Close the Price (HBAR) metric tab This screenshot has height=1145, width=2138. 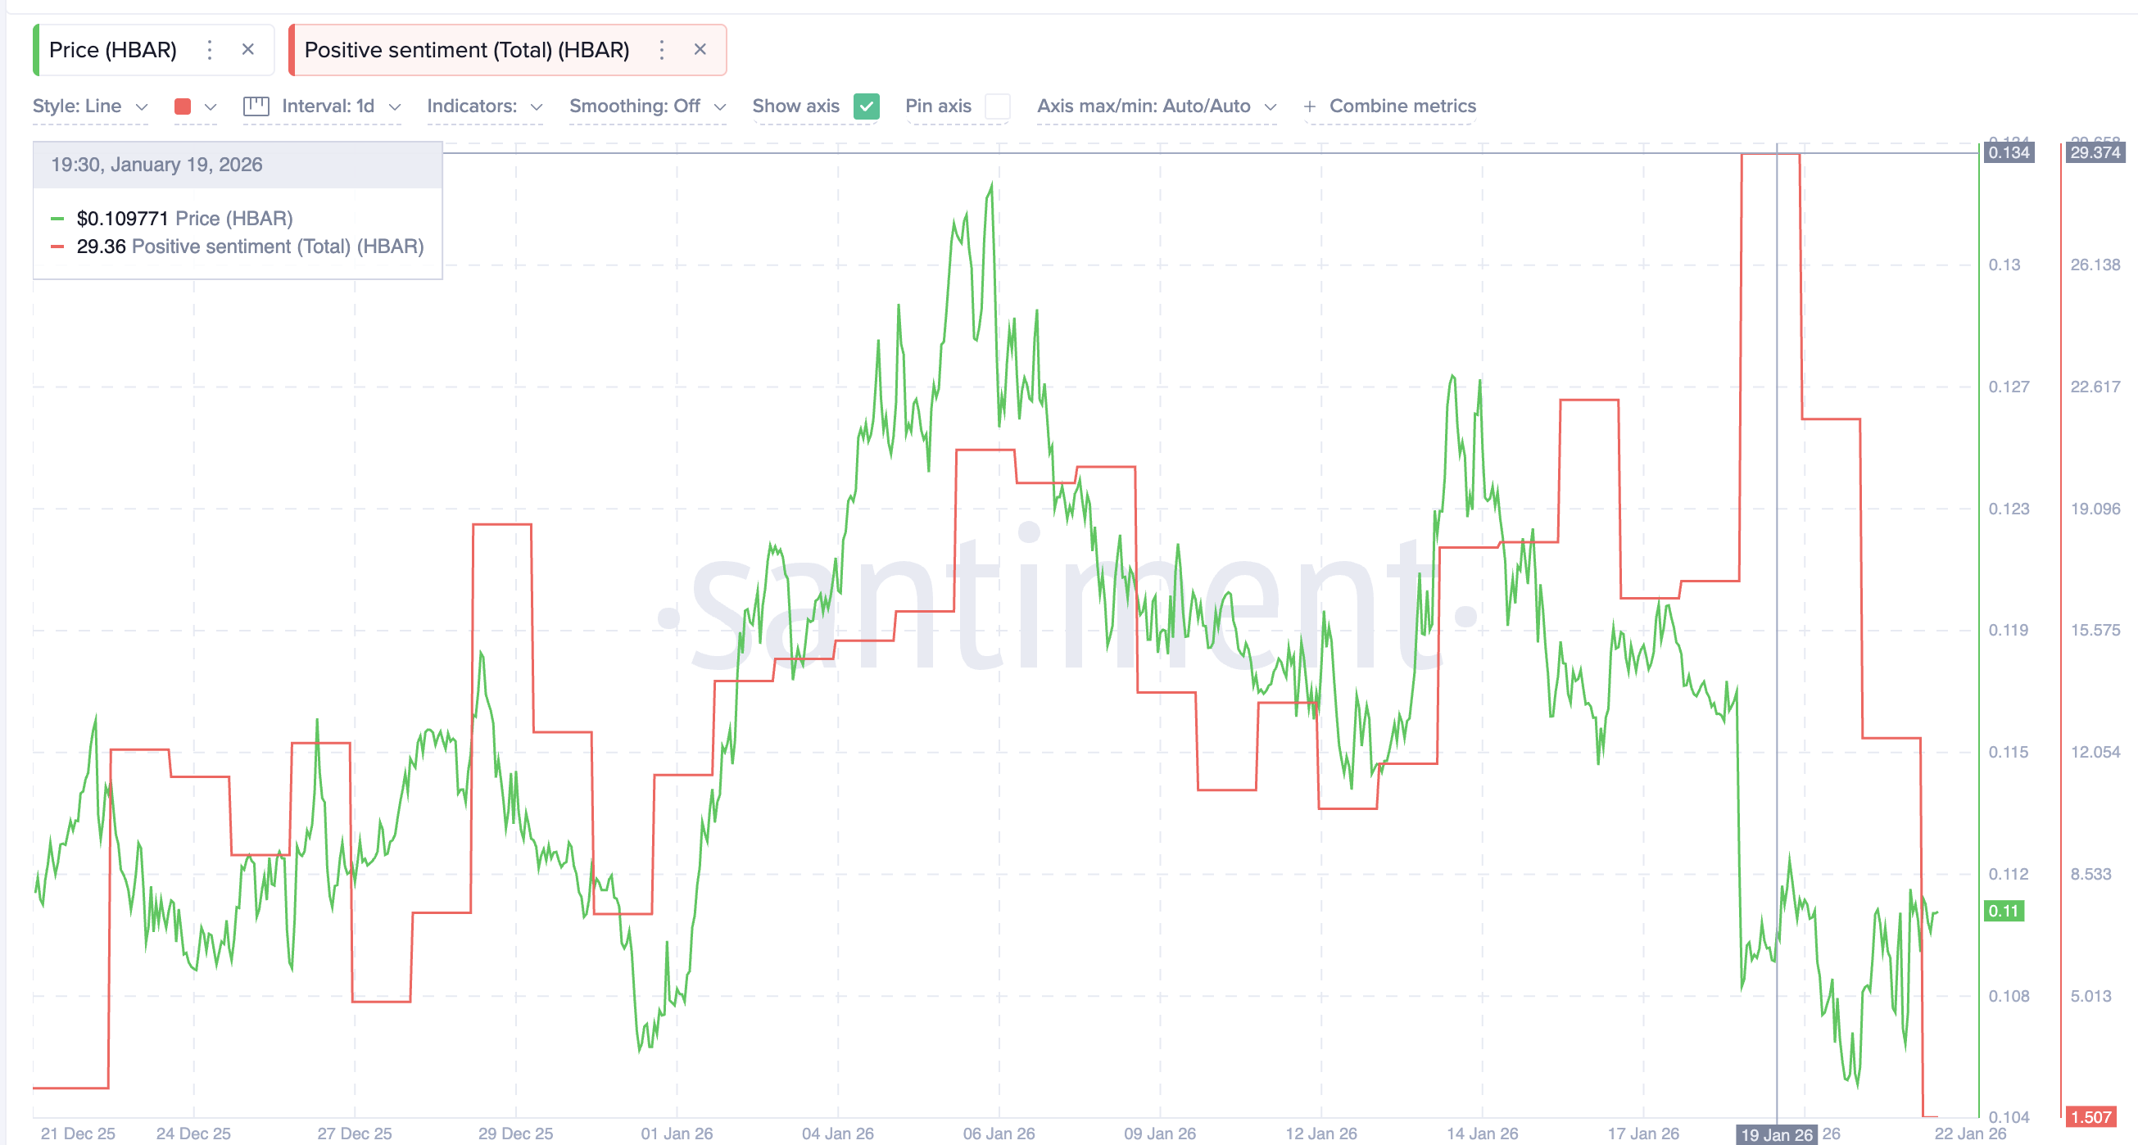(x=247, y=50)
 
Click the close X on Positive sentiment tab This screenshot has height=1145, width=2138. (x=700, y=50)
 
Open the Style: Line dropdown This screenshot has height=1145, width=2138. (x=89, y=106)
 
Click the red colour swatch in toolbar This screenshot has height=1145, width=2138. (x=183, y=106)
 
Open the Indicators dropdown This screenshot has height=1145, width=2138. (x=484, y=106)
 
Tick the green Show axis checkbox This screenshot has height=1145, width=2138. (x=866, y=106)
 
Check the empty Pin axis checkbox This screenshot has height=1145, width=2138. (x=997, y=106)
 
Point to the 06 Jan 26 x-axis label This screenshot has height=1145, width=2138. (x=999, y=1134)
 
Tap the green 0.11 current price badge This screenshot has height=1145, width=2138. (x=2004, y=911)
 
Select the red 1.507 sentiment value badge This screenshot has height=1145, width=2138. (x=2090, y=1117)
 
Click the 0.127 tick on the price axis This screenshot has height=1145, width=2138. (x=2009, y=387)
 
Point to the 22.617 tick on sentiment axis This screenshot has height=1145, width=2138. (x=2095, y=387)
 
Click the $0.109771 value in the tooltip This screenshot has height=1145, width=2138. (x=122, y=219)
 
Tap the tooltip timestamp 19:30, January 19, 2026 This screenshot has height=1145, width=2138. (x=156, y=165)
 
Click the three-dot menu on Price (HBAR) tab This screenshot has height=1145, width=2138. (x=210, y=50)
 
